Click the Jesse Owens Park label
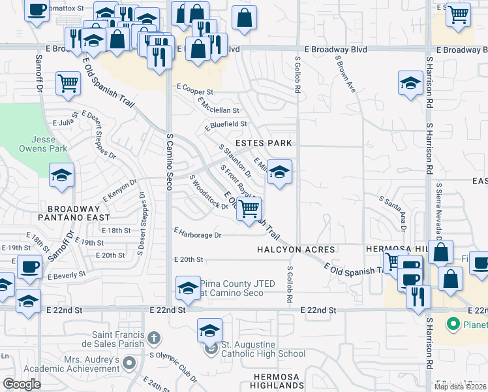(x=49, y=144)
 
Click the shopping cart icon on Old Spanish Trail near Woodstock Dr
(x=249, y=209)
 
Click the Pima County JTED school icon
(x=188, y=287)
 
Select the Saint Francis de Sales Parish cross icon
(x=154, y=338)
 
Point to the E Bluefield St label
(x=226, y=124)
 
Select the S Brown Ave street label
(x=345, y=73)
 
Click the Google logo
(x=22, y=384)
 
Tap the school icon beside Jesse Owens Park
(x=62, y=175)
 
